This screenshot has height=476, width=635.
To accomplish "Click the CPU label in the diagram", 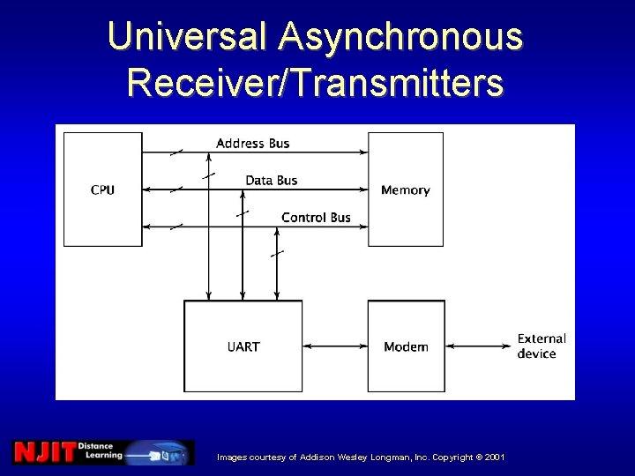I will (x=102, y=190).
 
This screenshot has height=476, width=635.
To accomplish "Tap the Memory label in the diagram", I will (x=405, y=190).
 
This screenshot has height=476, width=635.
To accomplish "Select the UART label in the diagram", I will (x=243, y=346).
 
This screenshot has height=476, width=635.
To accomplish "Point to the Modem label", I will (x=406, y=346).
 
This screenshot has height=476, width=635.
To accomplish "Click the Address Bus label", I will (x=252, y=143).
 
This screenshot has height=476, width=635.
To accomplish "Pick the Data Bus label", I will (x=272, y=180).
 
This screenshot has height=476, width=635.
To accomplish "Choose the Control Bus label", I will (x=316, y=217).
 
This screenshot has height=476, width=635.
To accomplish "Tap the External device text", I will (x=541, y=346).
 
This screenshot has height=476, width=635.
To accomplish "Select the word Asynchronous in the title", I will (x=400, y=37).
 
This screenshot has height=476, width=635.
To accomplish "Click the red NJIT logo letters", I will (x=43, y=452).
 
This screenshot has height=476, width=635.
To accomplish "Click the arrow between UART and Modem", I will (x=334, y=346).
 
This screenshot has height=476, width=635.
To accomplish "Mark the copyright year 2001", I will (x=494, y=457).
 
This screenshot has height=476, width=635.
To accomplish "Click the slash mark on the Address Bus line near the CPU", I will (x=176, y=152).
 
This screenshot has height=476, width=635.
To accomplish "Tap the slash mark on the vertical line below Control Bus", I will (x=277, y=254).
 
